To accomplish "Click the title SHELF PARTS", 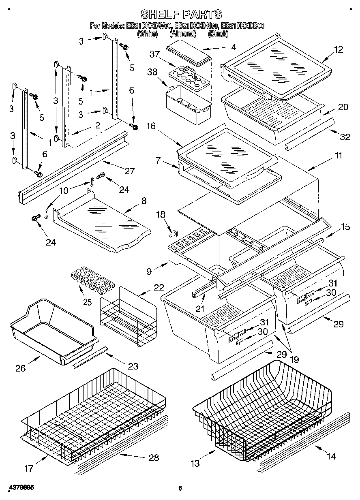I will (x=181, y=14).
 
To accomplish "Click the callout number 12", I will (x=338, y=50).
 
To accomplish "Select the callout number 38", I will (x=152, y=72).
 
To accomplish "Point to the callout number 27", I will (x=129, y=171).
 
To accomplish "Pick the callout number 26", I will (x=21, y=368).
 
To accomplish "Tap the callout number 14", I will (x=331, y=457).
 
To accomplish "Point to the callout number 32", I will (x=344, y=137).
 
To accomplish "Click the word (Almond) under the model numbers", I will (x=183, y=34).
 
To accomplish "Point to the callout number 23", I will (x=132, y=367).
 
